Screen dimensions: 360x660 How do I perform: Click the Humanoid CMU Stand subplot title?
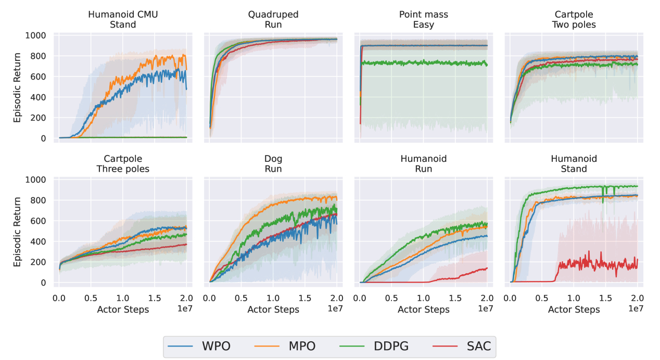coord(123,19)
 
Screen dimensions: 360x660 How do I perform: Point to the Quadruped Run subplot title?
coord(273,19)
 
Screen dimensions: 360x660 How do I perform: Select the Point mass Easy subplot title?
coord(423,19)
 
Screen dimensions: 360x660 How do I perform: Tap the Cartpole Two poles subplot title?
coord(574,19)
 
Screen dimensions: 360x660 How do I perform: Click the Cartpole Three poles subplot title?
coord(123,163)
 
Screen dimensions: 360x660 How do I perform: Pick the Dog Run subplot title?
coord(273,163)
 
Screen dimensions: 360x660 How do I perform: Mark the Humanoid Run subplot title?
coord(423,163)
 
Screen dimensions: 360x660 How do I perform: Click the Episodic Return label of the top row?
coord(18,87)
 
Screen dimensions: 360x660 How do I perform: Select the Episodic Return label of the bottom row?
coord(18,231)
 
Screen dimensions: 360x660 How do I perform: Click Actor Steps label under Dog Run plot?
coord(273,310)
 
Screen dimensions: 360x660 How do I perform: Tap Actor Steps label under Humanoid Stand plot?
coord(574,310)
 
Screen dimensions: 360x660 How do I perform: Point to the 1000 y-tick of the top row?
coord(36,35)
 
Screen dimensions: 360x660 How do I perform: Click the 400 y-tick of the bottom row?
coord(39,241)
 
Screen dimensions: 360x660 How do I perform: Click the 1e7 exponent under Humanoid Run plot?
coord(486,308)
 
